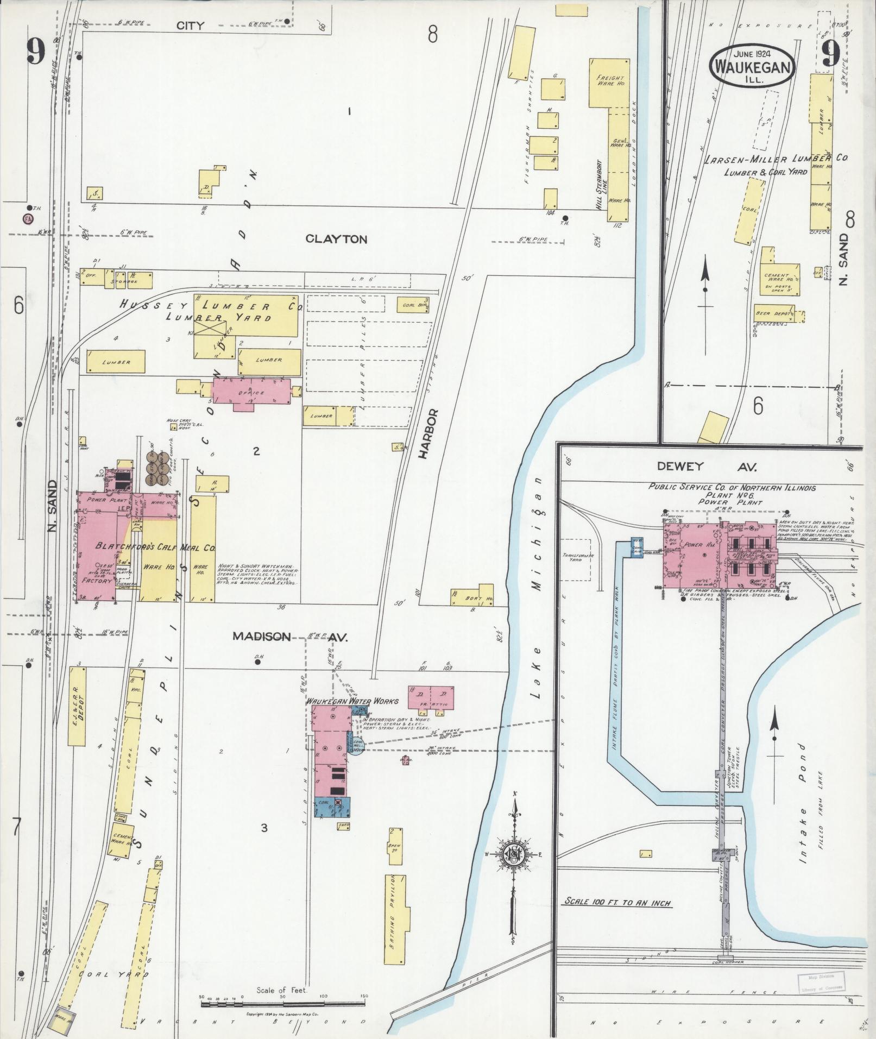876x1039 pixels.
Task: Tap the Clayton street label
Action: (336, 239)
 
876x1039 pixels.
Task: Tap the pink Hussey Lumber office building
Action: (250, 392)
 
